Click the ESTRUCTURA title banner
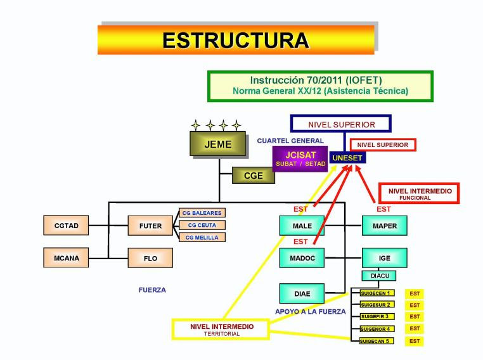236,39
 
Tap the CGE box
254,176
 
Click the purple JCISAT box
300,158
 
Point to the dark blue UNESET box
348,157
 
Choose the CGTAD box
67,226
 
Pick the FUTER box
150,226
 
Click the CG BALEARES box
202,213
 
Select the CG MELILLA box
202,237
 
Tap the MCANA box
67,258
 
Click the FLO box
150,259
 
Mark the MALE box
302,226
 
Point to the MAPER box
384,226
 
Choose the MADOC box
302,258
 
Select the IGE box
384,258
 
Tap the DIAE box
302,293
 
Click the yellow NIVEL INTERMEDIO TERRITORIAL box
221,330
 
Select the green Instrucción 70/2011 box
320,86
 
